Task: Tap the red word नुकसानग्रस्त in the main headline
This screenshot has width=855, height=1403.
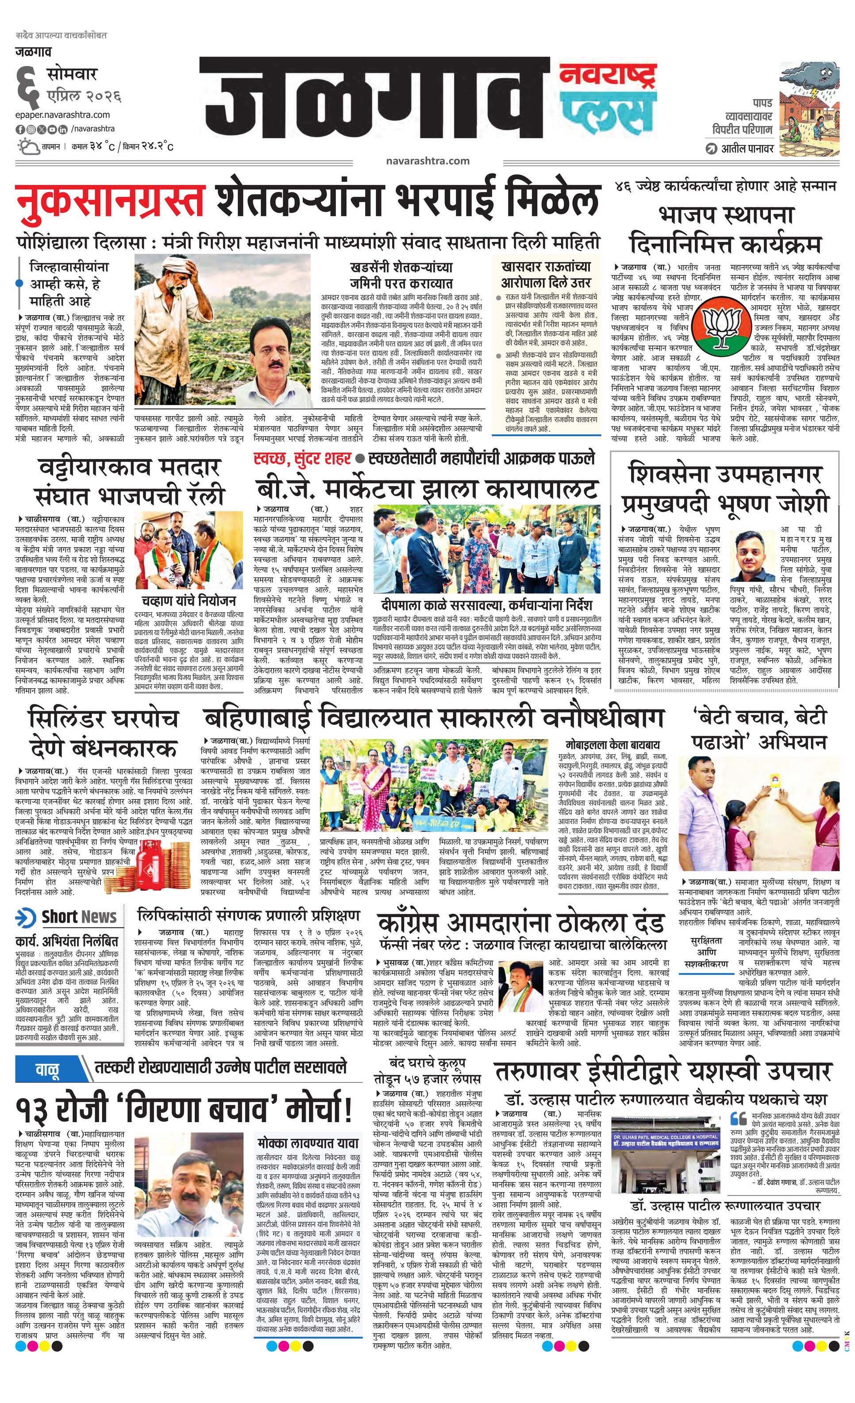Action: [x=110, y=200]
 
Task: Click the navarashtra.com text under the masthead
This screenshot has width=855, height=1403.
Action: [x=427, y=161]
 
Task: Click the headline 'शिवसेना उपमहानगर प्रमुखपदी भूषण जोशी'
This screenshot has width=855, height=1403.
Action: [x=724, y=489]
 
